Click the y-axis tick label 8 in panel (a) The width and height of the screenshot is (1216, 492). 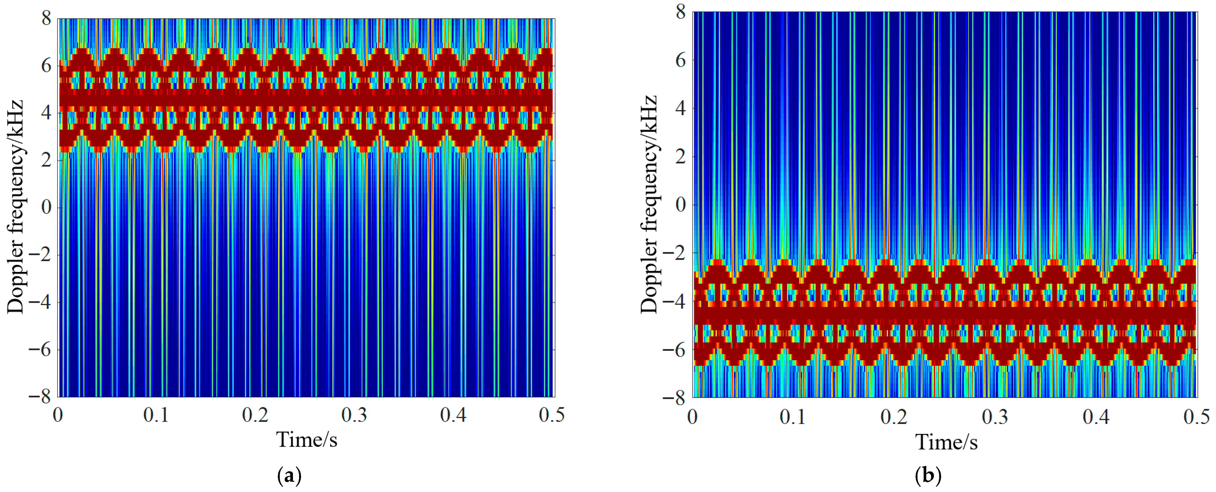click(x=46, y=19)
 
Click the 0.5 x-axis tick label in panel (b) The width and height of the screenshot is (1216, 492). click(x=1196, y=417)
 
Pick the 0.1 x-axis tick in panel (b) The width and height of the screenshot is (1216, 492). click(x=793, y=417)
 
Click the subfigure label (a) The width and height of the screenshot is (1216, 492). click(x=289, y=475)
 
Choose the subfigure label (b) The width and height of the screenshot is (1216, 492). click(x=928, y=475)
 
